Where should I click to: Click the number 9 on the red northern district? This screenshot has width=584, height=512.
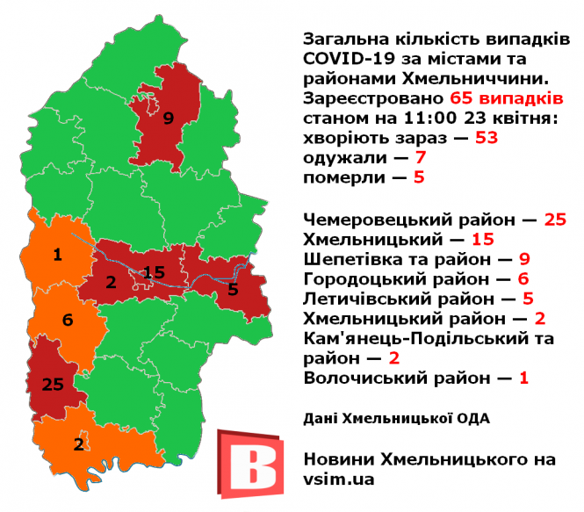(169, 118)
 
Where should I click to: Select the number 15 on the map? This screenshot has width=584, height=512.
(154, 272)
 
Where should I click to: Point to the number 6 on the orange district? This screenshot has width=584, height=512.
(67, 321)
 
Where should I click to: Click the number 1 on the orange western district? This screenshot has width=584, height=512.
(57, 256)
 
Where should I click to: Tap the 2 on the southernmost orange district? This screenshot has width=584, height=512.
(79, 443)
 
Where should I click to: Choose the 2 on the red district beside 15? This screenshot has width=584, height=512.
(111, 282)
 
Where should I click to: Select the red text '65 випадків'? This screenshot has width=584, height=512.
(506, 97)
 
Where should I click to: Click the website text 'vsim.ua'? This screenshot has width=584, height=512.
(338, 480)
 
